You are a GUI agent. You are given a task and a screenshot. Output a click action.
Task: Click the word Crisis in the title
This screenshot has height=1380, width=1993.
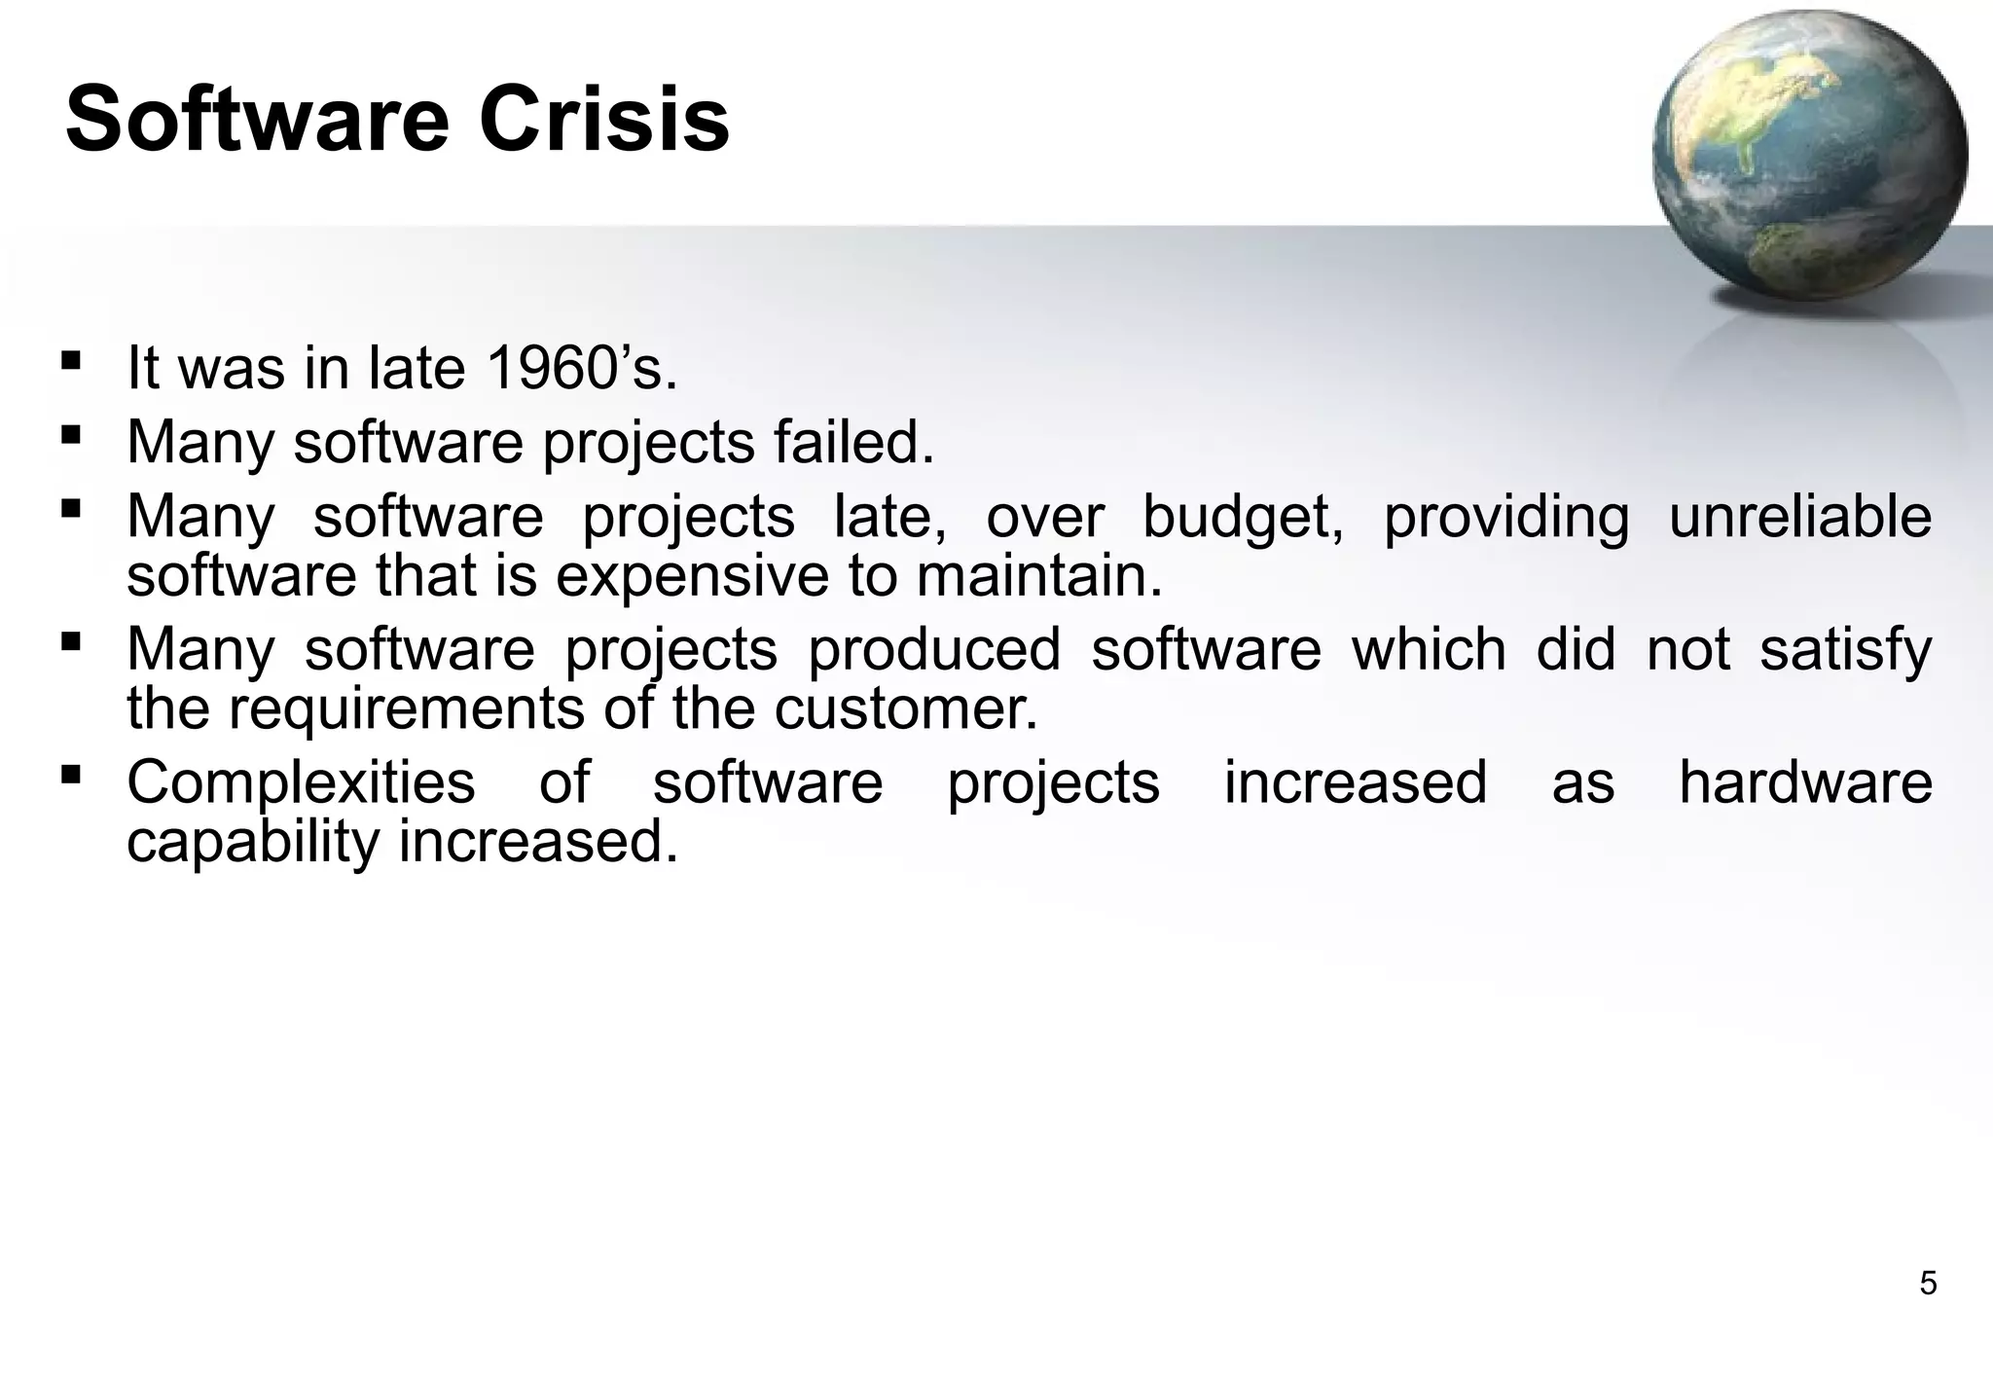pos(603,120)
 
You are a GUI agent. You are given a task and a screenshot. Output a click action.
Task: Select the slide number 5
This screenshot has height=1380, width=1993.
pos(1927,1284)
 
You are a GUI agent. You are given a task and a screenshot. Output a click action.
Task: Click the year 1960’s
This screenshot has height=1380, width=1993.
pos(580,369)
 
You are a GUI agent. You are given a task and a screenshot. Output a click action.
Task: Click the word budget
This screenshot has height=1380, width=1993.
pos(1243,517)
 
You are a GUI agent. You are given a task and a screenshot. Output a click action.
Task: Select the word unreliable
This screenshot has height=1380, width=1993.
pos(1800,517)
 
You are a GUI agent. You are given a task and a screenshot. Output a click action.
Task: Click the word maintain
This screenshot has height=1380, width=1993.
pos(1038,575)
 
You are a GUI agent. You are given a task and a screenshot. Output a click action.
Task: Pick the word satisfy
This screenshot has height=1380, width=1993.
pos(1845,649)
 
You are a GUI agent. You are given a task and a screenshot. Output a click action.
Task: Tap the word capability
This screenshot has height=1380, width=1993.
pos(253,842)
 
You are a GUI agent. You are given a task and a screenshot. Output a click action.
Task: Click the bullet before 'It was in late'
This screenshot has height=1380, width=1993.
pos(70,361)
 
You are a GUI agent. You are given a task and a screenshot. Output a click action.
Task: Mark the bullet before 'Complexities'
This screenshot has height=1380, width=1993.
pos(70,775)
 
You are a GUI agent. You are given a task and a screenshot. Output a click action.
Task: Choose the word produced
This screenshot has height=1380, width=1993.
pos(934,649)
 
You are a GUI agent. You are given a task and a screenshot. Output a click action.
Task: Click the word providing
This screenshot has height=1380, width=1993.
pos(1505,517)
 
